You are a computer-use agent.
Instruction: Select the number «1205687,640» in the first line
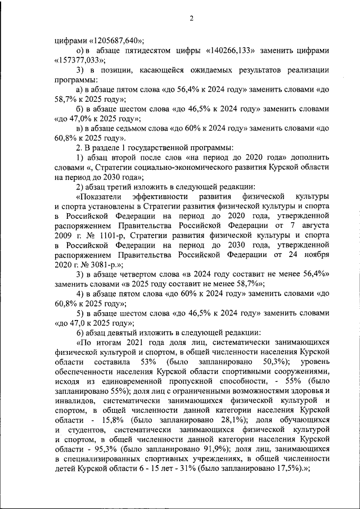[x=114, y=39]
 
